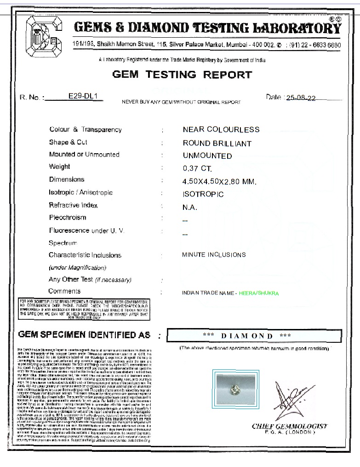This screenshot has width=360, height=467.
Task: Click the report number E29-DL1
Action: click(x=86, y=97)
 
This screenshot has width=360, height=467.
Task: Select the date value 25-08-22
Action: click(x=301, y=98)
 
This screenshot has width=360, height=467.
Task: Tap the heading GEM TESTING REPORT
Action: click(x=182, y=75)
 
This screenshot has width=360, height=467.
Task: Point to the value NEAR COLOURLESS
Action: click(x=221, y=130)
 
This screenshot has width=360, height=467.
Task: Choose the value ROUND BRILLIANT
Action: click(x=217, y=143)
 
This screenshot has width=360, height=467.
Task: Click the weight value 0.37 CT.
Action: click(x=197, y=169)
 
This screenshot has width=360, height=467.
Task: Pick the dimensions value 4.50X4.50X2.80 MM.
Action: click(x=219, y=182)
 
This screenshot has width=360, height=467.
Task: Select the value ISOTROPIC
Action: click(x=203, y=194)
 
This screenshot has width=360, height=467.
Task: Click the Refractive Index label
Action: click(x=73, y=205)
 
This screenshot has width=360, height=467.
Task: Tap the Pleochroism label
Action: click(x=68, y=218)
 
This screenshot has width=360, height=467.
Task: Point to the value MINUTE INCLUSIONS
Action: click(x=214, y=254)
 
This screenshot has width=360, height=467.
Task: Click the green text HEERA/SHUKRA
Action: click(x=259, y=293)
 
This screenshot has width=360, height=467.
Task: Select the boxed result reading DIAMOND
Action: click(x=253, y=336)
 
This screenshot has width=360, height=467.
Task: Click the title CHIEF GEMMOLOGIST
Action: click(x=289, y=426)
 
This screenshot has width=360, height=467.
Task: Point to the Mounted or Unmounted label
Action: click(x=84, y=155)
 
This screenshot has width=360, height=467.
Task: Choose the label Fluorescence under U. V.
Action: click(x=86, y=231)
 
